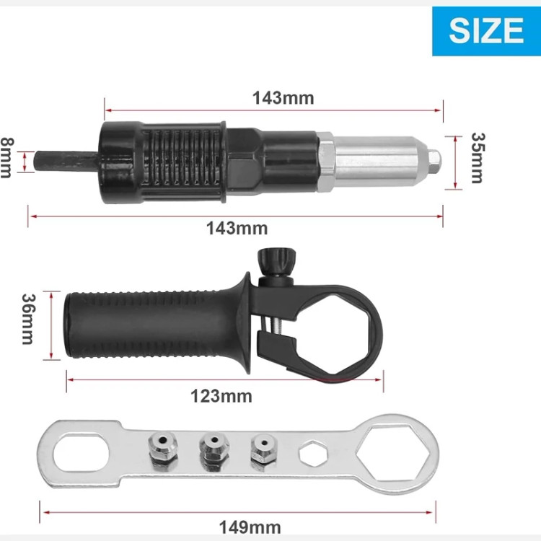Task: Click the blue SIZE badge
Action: (486, 31)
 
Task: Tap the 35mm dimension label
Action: (478, 158)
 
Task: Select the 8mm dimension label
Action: (6, 158)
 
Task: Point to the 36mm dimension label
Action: (28, 319)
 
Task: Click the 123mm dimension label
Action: (221, 396)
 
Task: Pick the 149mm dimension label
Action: (250, 527)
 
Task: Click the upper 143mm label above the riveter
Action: (283, 98)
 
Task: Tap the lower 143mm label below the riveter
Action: (237, 229)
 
